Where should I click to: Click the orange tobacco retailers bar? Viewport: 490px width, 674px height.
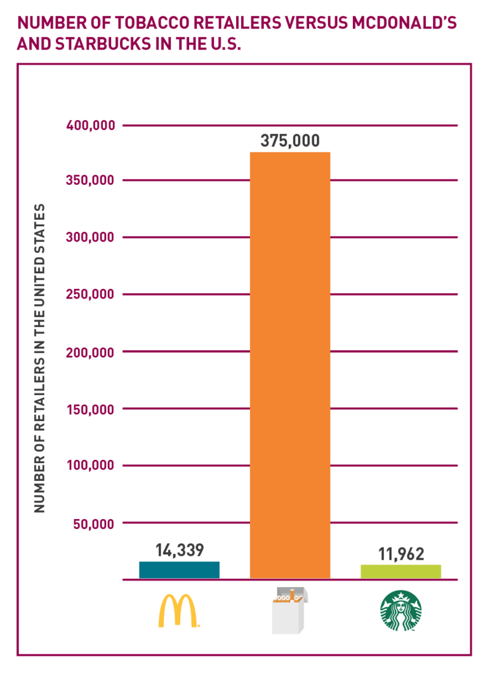[290, 365]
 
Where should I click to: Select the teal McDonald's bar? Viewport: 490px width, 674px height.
[179, 570]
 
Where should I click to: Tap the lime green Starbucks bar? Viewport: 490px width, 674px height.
[401, 571]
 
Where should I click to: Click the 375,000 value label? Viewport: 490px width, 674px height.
[290, 141]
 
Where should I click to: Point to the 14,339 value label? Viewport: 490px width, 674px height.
[180, 550]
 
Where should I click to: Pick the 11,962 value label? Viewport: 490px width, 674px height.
[401, 553]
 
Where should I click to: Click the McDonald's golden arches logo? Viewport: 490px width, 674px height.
[179, 611]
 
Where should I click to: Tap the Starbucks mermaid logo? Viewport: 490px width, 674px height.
[401, 611]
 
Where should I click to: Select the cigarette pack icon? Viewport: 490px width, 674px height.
[289, 611]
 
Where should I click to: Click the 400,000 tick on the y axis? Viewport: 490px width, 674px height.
[91, 125]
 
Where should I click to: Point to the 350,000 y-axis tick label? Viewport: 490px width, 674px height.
[91, 180]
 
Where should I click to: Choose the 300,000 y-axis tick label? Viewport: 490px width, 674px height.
[91, 238]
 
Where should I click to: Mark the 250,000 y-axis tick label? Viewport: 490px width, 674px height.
[91, 295]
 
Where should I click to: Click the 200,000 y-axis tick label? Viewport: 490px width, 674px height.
[91, 352]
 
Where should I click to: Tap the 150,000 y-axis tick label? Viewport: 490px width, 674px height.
[91, 409]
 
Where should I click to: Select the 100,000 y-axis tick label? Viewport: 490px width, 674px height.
[91, 466]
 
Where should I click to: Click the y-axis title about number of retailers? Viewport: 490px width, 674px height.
[40, 358]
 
